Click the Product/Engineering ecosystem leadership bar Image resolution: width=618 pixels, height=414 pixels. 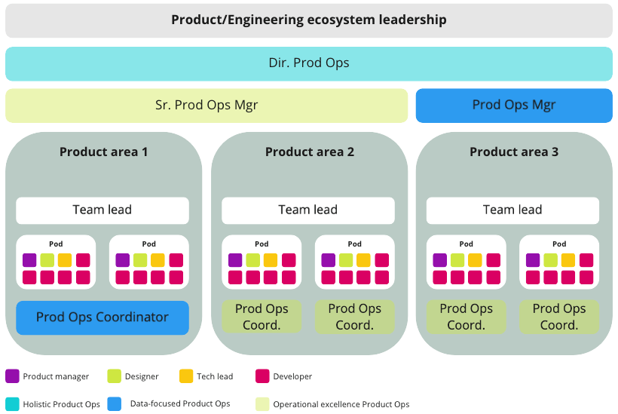coord(308,20)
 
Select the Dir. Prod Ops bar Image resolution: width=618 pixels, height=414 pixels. coord(308,63)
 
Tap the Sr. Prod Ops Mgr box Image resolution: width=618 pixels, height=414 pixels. coord(207,106)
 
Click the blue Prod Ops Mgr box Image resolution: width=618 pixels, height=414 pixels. coord(513,106)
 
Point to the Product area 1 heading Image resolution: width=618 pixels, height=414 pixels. coord(103,152)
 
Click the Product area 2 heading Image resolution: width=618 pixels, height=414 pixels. coord(309,152)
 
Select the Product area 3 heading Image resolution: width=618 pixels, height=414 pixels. coord(514,152)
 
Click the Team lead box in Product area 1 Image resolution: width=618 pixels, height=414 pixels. coord(102,210)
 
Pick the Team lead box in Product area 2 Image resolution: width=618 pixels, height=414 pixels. coord(308,210)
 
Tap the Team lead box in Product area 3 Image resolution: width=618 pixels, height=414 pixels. coord(512,210)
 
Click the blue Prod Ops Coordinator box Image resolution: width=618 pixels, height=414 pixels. coord(102,317)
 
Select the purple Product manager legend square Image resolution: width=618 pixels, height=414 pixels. coord(12,376)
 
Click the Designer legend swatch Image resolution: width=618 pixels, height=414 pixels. coord(115,376)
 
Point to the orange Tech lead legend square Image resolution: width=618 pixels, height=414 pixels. coord(186,376)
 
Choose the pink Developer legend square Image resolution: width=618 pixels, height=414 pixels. coord(263,376)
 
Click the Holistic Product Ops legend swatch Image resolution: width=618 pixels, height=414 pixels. coord(12,404)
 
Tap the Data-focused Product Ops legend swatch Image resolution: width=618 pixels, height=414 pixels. coord(115,404)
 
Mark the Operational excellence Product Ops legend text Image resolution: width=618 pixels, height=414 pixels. coord(341,405)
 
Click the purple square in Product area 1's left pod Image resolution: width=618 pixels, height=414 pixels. coord(29,260)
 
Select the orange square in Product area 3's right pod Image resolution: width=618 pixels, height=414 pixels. coord(568,260)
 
